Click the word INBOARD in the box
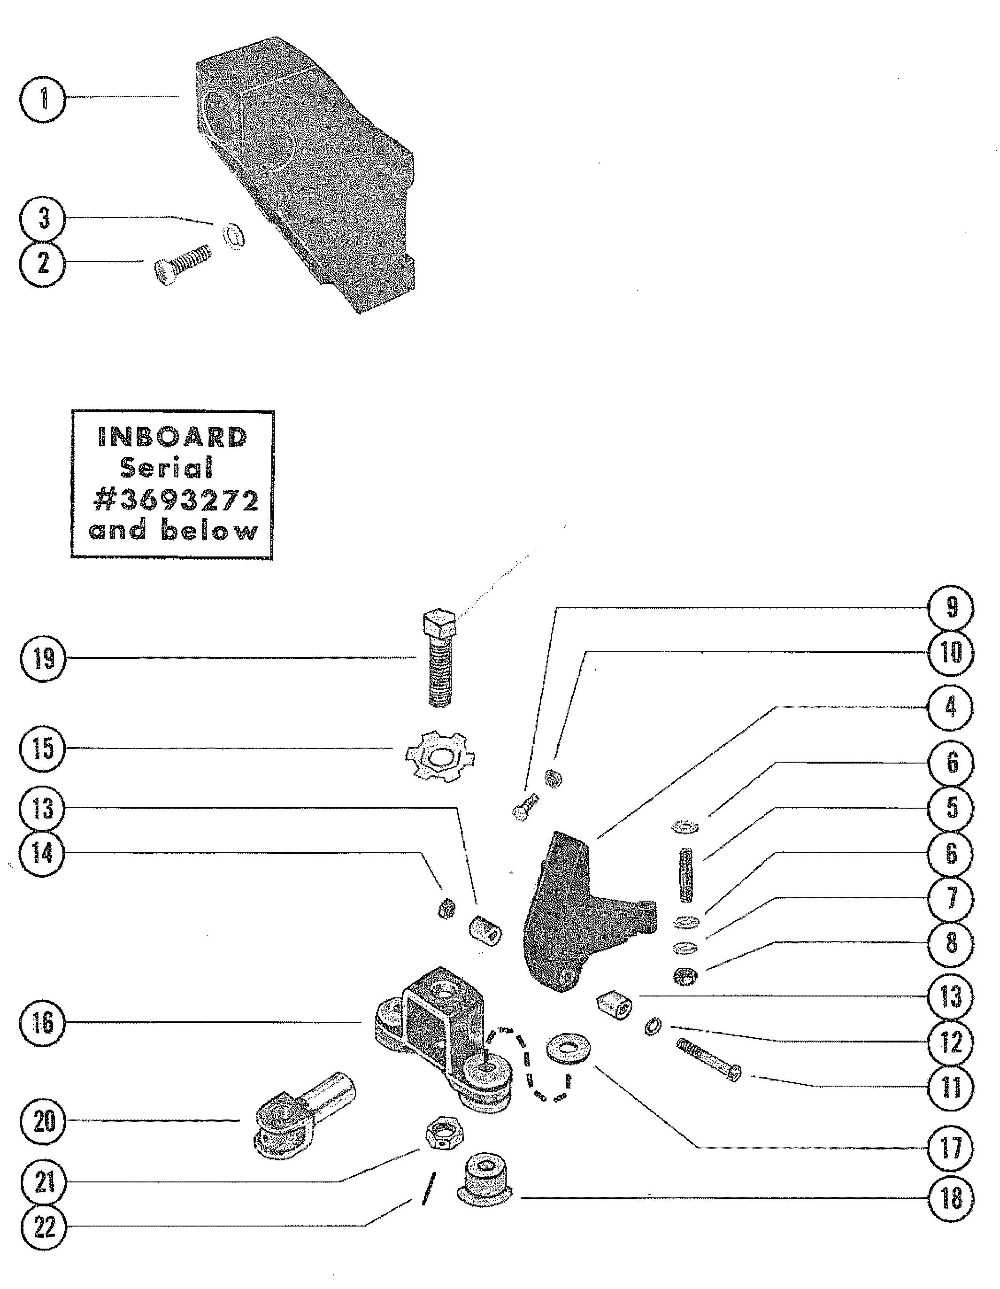pos(172,437)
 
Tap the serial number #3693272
pos(175,501)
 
